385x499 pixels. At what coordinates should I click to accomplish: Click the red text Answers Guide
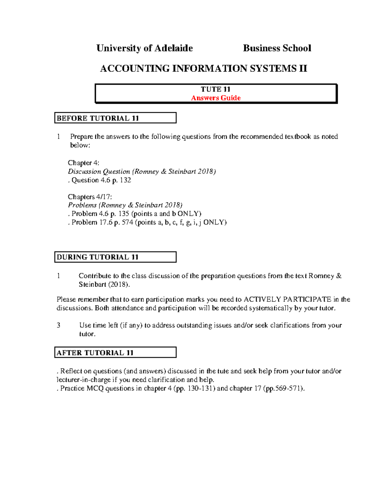[216, 98]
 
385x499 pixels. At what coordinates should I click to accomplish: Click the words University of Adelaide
[144, 48]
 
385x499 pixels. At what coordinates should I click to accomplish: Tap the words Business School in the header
[277, 48]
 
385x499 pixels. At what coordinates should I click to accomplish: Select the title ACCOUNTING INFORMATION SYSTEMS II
[203, 68]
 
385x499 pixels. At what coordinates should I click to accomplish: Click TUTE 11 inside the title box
[216, 89]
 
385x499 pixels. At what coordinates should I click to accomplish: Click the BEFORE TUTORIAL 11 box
[115, 118]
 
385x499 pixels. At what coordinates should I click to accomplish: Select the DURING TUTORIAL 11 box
[115, 257]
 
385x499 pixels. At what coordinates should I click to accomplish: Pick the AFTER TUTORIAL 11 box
[115, 352]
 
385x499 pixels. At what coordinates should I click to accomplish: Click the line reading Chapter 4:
[83, 163]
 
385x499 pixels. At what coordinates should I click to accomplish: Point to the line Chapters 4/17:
[90, 197]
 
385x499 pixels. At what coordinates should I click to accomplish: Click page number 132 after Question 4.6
[125, 180]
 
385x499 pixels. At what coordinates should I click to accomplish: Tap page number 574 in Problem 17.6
[127, 222]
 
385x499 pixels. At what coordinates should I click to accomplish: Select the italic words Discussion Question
[99, 172]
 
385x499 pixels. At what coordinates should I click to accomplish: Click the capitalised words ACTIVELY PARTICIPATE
[287, 299]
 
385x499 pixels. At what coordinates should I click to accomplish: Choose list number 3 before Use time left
[58, 325]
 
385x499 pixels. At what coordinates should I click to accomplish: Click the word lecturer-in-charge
[83, 380]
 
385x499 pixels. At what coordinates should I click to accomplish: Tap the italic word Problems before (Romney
[82, 205]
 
